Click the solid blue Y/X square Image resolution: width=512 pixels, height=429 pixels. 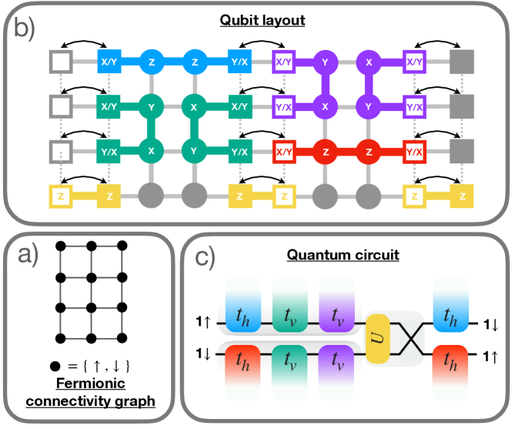tap(239, 59)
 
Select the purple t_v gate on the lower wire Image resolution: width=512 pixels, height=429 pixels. tap(336, 356)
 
